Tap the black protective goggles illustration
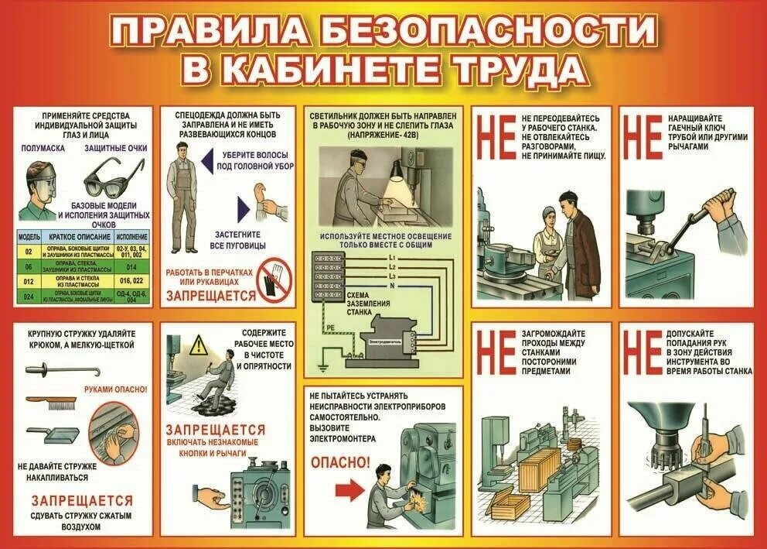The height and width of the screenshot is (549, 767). (x=114, y=177)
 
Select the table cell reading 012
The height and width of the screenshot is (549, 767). (x=28, y=281)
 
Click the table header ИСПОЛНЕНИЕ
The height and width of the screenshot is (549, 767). (x=131, y=235)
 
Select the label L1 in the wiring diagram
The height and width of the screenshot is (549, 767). (x=393, y=256)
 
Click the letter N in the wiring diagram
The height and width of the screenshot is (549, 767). (x=393, y=286)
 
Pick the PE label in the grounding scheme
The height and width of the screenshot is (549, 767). (x=330, y=328)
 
